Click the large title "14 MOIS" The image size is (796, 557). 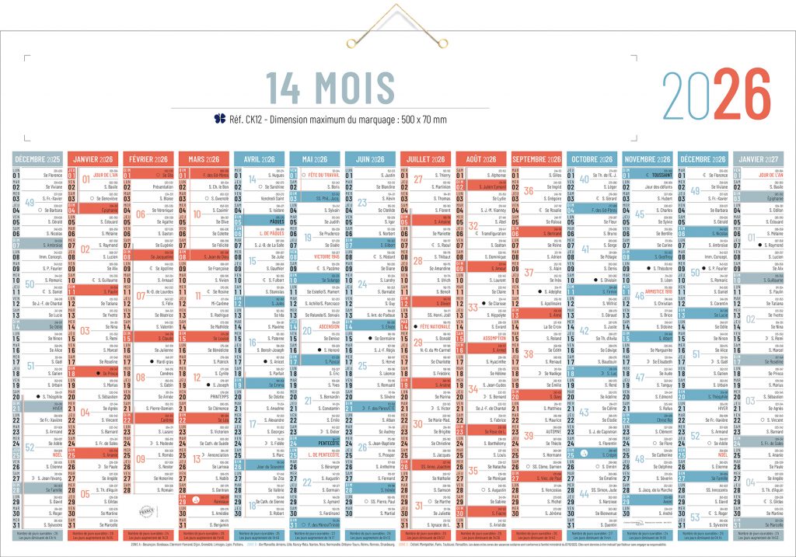tap(330, 87)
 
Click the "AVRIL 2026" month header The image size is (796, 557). tap(261, 159)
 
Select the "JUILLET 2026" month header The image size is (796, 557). tap(426, 159)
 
